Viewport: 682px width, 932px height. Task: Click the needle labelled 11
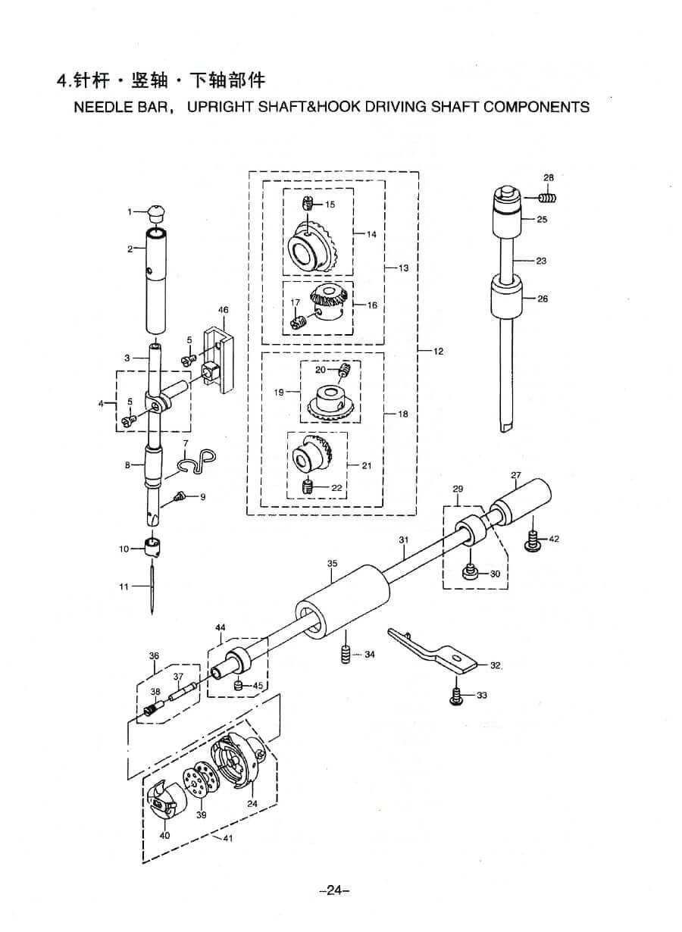tap(152, 587)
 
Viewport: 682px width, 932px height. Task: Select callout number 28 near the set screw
tap(549, 178)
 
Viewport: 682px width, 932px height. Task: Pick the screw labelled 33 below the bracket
tap(456, 696)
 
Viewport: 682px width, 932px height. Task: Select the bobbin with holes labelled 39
tap(198, 788)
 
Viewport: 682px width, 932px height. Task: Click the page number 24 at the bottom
tap(334, 891)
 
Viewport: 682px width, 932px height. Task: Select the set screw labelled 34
tap(346, 654)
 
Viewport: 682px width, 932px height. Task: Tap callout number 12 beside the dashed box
tap(439, 352)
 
